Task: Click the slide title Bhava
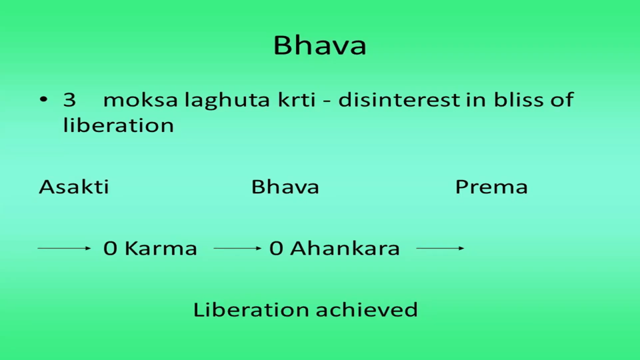coord(319,45)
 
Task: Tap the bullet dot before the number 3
coord(44,99)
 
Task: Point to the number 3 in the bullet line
coord(69,100)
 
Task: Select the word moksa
coord(140,99)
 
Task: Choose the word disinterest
coord(399,99)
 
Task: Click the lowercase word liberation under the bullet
coord(119,125)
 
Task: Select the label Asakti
coord(74,187)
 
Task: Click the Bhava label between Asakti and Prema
coord(285,187)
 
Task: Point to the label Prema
coord(491,187)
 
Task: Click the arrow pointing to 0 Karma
coord(64,248)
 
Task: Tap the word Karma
coord(161,248)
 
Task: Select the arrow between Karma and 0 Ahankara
coord(237,248)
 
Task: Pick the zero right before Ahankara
coord(276,249)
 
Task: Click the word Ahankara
coord(345,248)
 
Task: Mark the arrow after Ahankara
coord(440,248)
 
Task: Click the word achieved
coord(367,309)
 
